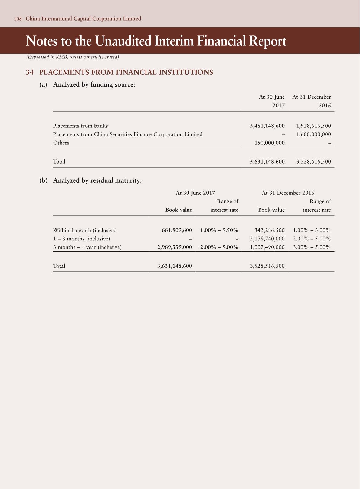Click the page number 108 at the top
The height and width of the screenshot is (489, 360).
click(18, 19)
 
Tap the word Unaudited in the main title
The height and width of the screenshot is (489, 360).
click(123, 41)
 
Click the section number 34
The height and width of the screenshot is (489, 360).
click(29, 72)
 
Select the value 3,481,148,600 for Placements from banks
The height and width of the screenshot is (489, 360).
click(267, 126)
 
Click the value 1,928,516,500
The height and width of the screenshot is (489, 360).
click(313, 126)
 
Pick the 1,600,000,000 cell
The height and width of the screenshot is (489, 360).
click(313, 134)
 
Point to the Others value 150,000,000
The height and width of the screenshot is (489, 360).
click(270, 143)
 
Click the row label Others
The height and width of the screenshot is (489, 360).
click(61, 143)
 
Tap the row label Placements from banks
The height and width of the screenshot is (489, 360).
click(80, 126)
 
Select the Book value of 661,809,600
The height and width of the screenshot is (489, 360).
click(177, 230)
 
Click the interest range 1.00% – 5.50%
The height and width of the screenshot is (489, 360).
click(219, 230)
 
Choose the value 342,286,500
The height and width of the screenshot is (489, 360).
click(270, 230)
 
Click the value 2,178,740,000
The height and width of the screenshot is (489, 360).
click(267, 239)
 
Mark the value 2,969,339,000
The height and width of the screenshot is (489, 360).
click(175, 247)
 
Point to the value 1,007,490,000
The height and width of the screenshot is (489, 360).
click(267, 247)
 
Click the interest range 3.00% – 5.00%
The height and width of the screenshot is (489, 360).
click(312, 247)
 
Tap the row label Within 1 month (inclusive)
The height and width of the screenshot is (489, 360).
click(85, 230)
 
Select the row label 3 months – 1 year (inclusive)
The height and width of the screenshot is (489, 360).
click(87, 247)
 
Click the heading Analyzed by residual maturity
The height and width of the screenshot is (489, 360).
click(97, 180)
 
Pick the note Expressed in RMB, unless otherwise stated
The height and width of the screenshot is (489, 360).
click(73, 57)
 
